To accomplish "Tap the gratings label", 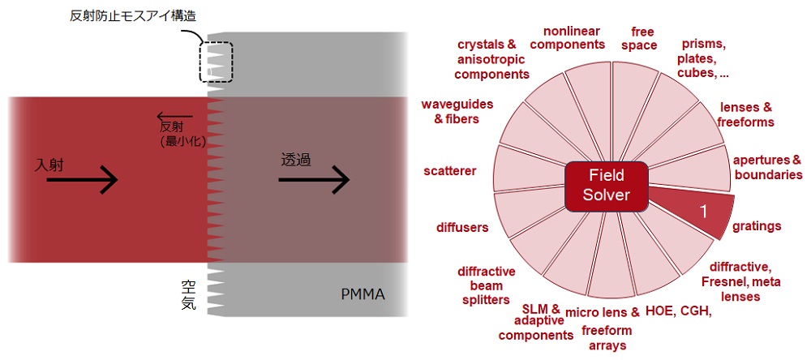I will (756, 226).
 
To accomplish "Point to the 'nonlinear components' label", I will (573, 37).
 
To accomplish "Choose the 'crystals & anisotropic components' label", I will (491, 59).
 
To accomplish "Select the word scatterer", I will (449, 171).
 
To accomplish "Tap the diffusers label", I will (462, 227).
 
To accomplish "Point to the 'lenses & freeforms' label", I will (746, 114).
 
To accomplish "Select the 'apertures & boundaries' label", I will (766, 167).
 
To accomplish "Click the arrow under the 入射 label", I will (82, 181).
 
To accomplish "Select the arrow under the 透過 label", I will (314, 180).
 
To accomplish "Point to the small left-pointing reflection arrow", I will (174, 116).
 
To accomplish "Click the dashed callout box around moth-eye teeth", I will (217, 62).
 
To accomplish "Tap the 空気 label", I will (188, 296).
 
